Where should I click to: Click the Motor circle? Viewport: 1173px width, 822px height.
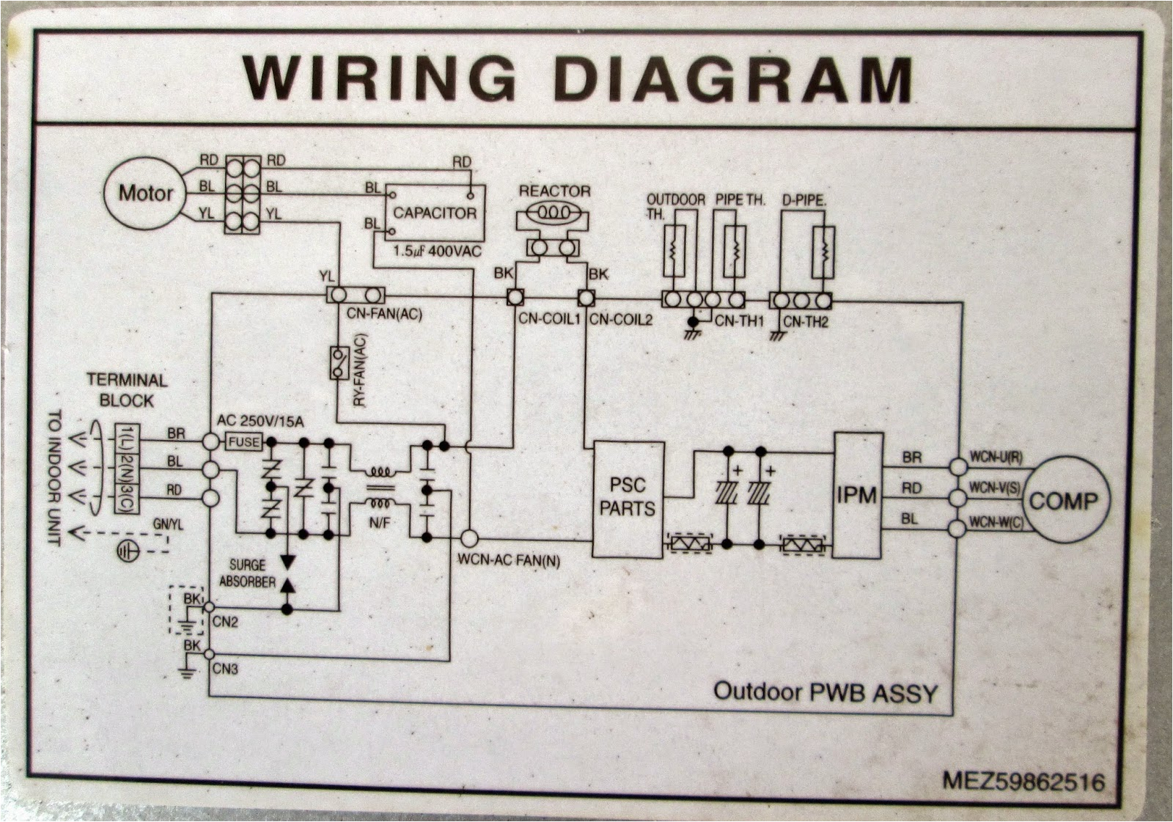145,194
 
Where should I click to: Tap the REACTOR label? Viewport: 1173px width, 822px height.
554,191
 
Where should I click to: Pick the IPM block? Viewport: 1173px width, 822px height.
856,496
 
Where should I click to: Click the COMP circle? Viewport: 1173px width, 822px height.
1063,502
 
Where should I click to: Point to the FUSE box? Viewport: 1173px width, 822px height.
243,442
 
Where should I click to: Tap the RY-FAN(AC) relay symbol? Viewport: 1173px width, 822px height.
338,362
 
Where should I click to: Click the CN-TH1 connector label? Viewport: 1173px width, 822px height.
739,320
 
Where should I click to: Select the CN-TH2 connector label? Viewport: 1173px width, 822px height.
805,320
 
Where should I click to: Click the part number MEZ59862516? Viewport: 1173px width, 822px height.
1023,782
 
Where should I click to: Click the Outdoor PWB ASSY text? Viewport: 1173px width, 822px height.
825,692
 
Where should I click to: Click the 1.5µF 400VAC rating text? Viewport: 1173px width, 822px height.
437,251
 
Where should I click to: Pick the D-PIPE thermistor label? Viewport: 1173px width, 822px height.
805,199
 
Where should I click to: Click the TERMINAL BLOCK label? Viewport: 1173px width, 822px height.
127,390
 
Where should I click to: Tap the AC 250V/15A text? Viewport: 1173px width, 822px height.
261,421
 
